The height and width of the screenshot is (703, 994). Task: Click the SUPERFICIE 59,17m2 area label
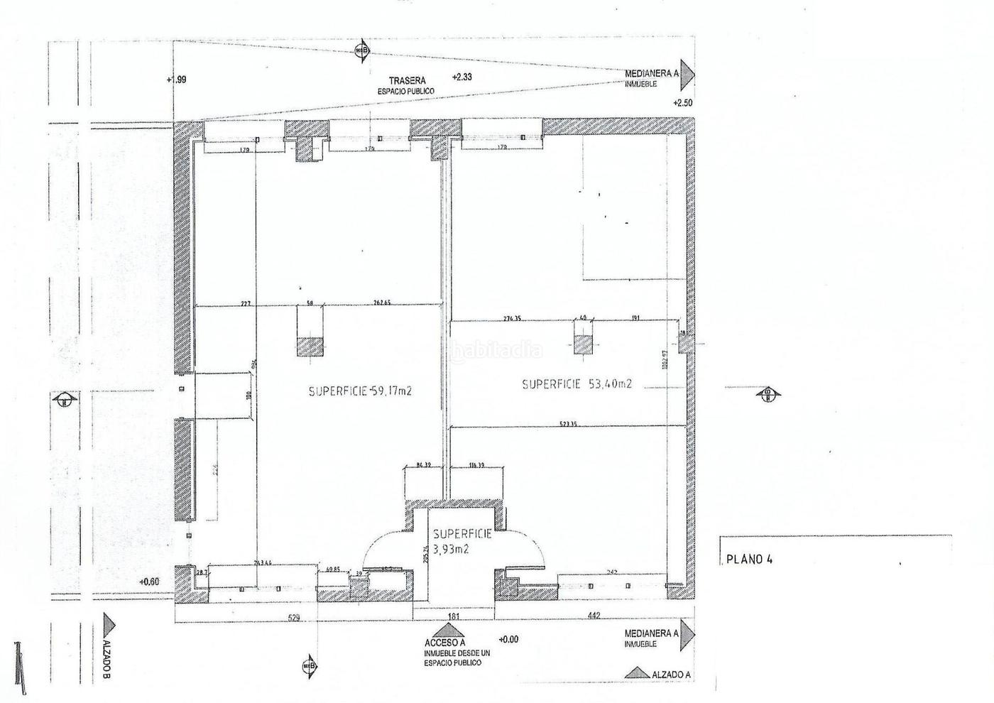coord(361,391)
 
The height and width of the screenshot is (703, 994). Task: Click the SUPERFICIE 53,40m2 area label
coord(577,384)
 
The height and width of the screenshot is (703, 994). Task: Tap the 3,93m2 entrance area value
coord(452,549)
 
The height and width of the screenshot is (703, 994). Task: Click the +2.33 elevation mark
coord(462,77)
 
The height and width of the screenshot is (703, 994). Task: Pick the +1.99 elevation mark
coord(176,80)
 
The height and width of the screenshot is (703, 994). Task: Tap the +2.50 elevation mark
coord(682,103)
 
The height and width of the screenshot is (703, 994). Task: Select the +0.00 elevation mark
coord(509,639)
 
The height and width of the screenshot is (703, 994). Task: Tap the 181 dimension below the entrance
coord(454,616)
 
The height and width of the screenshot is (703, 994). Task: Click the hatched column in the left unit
coord(309,346)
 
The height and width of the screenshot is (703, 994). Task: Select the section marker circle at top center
coord(362,50)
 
